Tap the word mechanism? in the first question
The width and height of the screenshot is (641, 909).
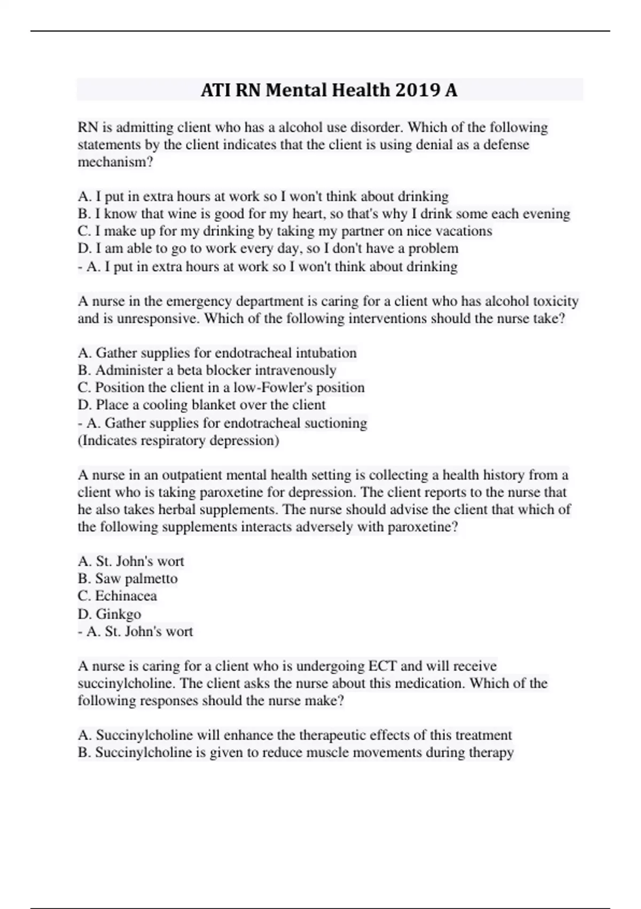pos(115,162)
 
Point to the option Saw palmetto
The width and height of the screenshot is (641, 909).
pos(136,579)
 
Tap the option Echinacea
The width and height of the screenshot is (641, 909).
pos(126,596)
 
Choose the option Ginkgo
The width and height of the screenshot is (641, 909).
pos(118,614)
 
